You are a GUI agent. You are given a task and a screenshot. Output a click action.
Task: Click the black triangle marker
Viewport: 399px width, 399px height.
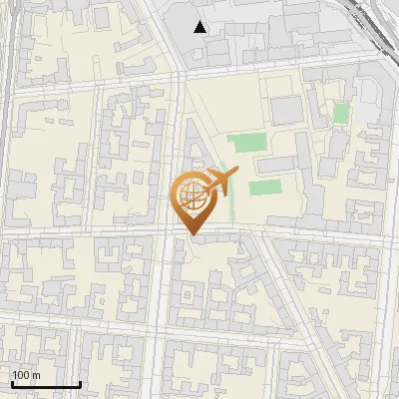[x=200, y=27]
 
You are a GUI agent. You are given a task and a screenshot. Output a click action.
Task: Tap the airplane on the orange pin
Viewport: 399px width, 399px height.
[x=219, y=181]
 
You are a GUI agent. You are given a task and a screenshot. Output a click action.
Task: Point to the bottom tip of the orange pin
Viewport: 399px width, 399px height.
[x=193, y=234]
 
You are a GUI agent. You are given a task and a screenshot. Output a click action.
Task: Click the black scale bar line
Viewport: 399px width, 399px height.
[x=46, y=384]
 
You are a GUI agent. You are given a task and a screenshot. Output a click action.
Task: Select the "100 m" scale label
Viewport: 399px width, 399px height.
[x=26, y=375]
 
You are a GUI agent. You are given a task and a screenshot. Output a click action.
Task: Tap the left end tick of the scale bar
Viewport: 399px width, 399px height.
[x=12, y=383]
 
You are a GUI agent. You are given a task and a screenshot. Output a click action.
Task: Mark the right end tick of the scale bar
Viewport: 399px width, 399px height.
[x=80, y=383]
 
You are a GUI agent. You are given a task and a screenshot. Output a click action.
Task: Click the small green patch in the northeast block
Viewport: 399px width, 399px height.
[x=340, y=113]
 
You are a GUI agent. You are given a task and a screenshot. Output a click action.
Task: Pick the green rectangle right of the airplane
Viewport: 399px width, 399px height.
[x=264, y=187]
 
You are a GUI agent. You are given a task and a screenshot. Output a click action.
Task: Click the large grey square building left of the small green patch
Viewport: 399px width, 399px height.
[x=285, y=110]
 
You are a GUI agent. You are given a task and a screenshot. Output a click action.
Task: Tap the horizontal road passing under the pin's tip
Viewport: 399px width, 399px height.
[x=120, y=233]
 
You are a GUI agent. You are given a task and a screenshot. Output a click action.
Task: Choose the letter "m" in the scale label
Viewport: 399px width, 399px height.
[x=36, y=375]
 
